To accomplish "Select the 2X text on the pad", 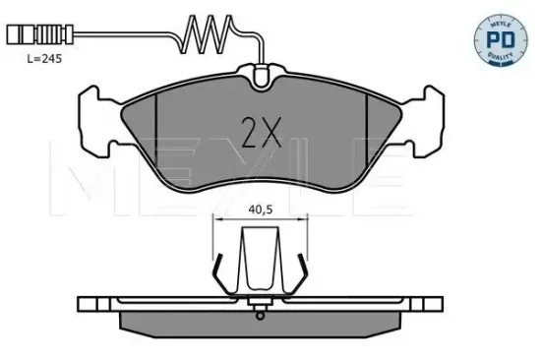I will (x=259, y=130).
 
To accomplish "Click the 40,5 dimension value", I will (x=260, y=209).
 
